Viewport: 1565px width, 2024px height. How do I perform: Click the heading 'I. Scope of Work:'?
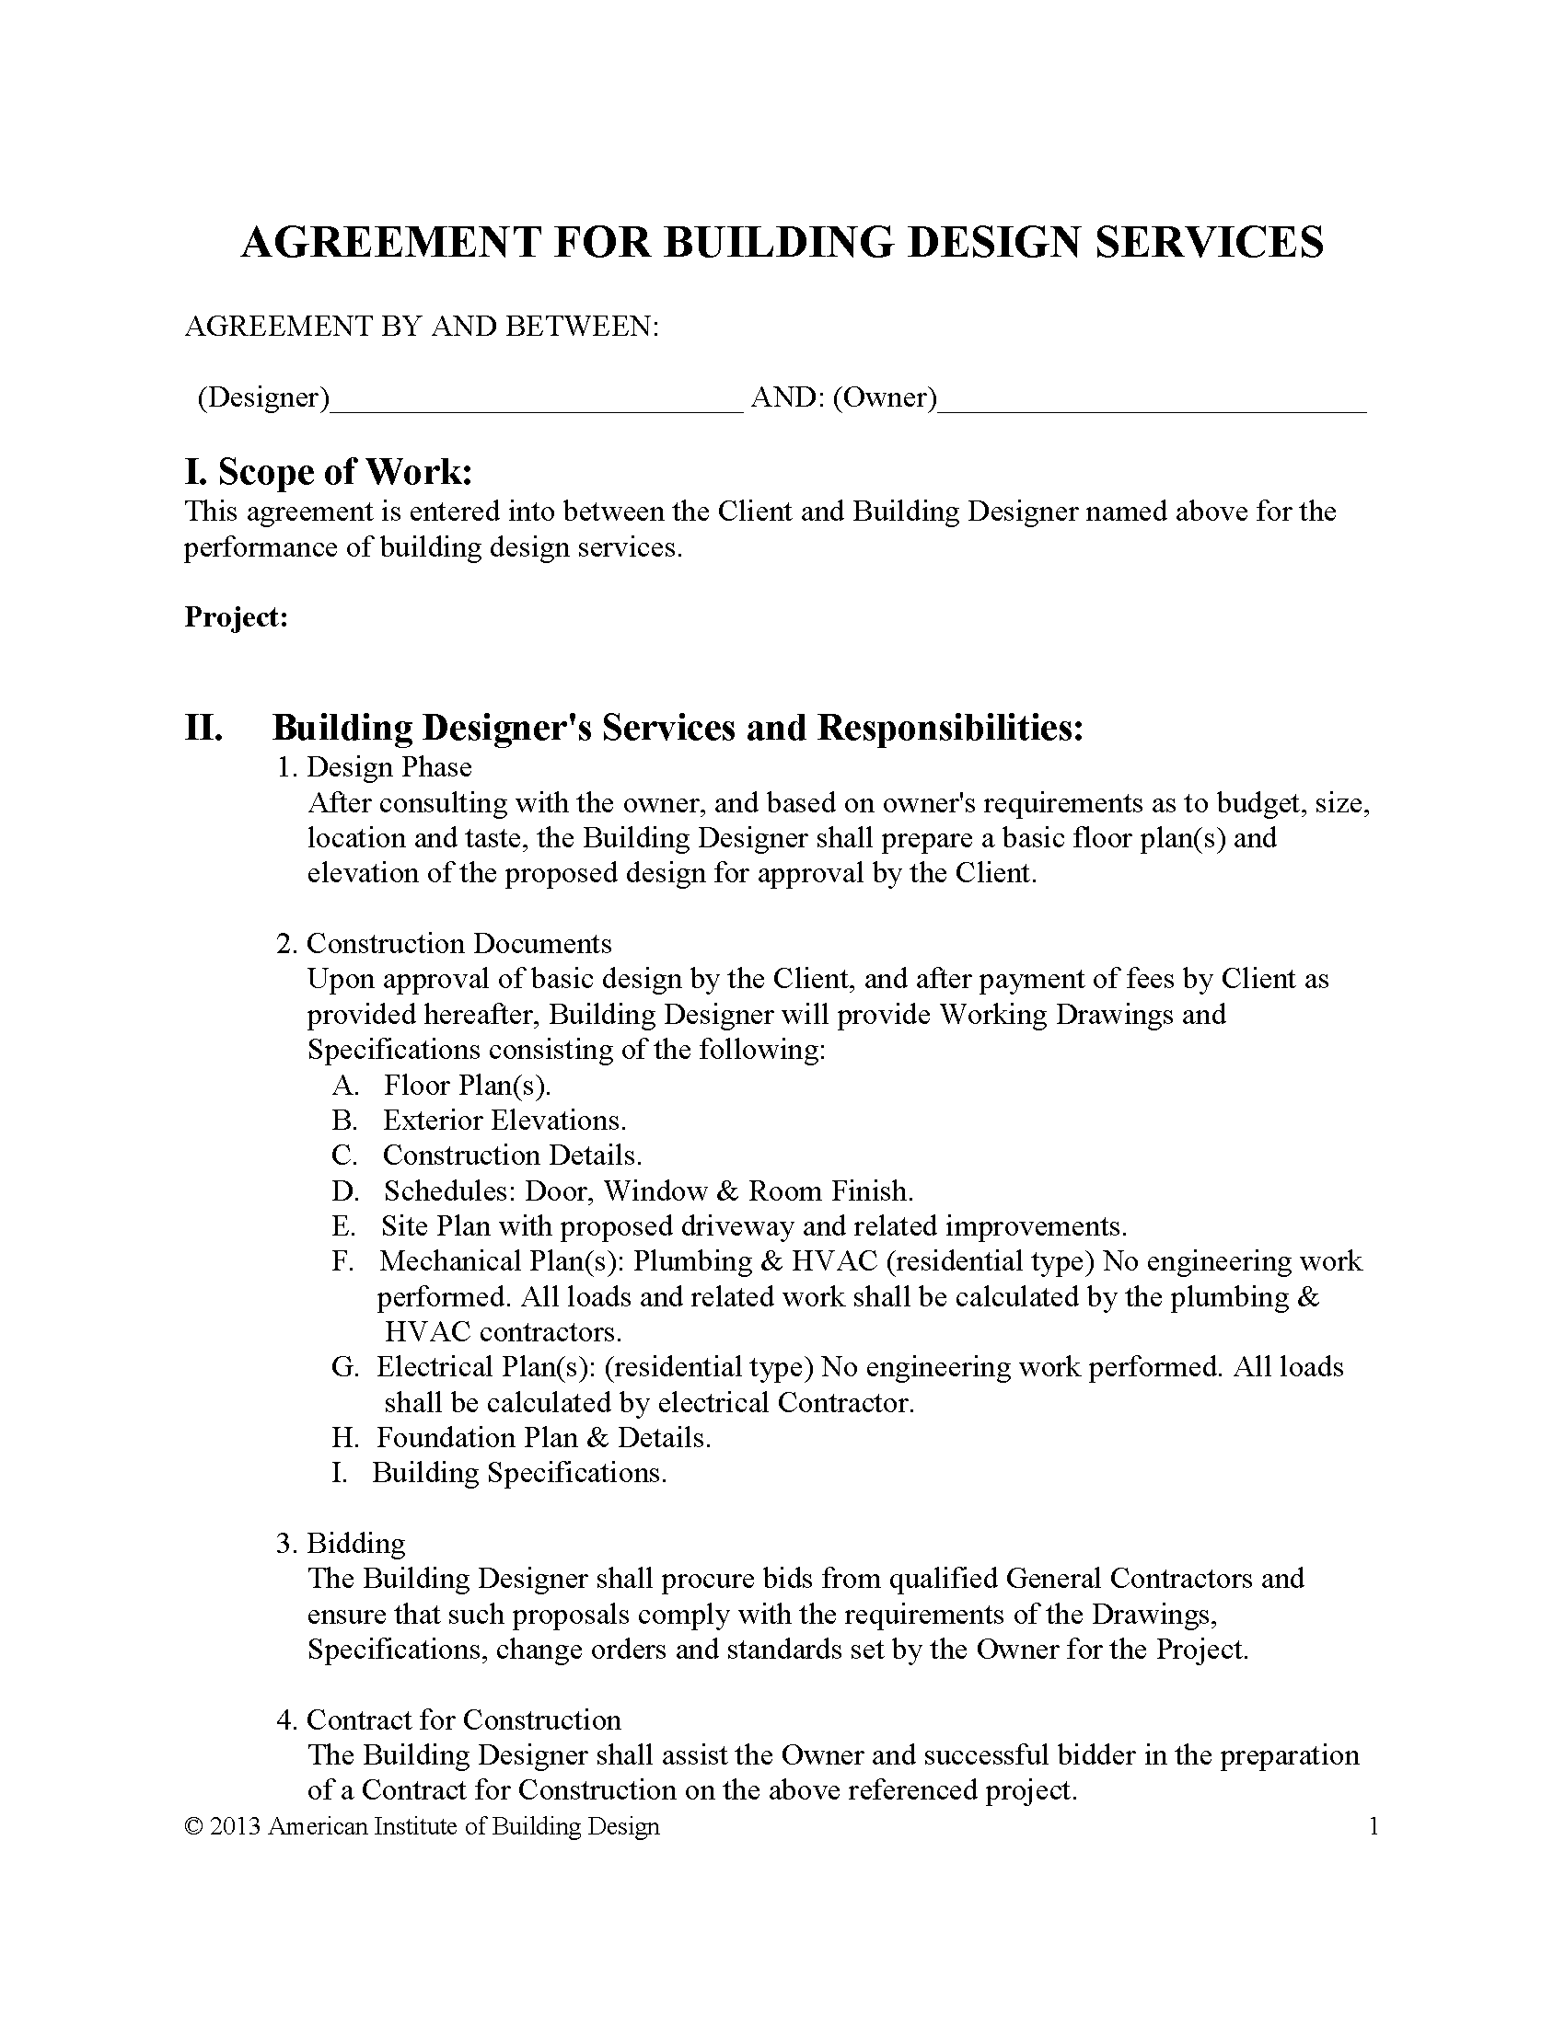(x=329, y=473)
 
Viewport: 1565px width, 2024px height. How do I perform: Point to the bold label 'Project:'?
(x=237, y=617)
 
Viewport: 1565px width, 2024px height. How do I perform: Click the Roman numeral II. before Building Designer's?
(x=203, y=729)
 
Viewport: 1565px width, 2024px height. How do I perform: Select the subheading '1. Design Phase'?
(x=375, y=767)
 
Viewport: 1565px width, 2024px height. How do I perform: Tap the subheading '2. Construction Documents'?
(x=444, y=943)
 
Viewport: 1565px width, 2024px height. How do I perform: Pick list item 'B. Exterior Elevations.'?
(x=479, y=1121)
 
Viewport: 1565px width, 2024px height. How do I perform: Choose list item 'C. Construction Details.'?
(x=487, y=1156)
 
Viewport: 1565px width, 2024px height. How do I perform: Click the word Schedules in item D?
(x=448, y=1190)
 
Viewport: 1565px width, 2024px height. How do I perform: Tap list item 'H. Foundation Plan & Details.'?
(x=521, y=1437)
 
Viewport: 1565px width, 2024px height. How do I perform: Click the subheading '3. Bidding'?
(x=342, y=1544)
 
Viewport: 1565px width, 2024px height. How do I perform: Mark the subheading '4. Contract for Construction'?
(x=448, y=1720)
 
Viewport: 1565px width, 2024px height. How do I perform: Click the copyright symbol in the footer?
(x=193, y=1826)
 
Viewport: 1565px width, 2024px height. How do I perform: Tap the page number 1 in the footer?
(x=1374, y=1826)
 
